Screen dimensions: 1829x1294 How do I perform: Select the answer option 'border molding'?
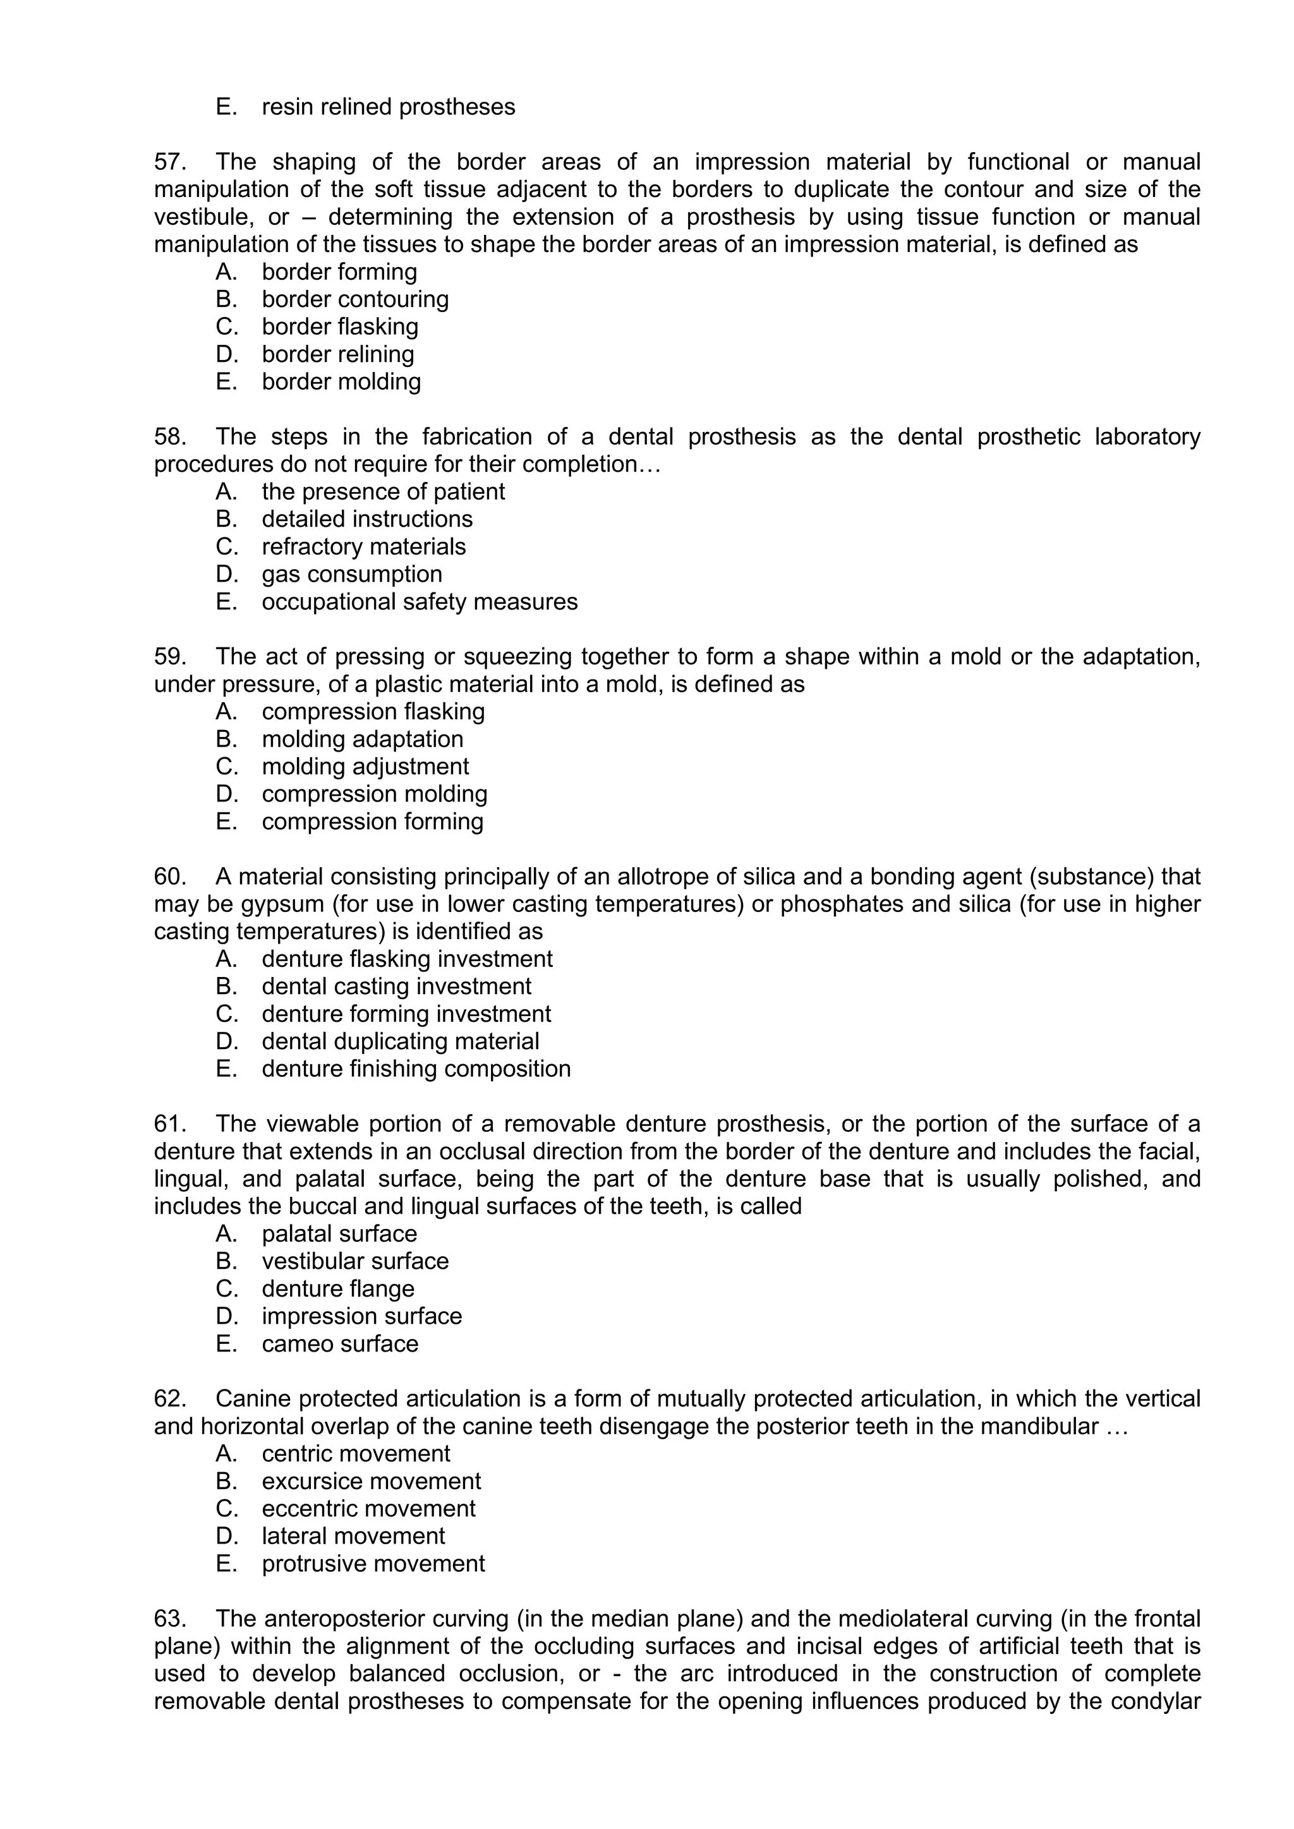pyautogui.click(x=341, y=381)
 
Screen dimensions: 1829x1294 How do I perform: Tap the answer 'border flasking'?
pyautogui.click(x=339, y=327)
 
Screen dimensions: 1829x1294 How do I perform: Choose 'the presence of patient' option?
pyautogui.click(x=384, y=491)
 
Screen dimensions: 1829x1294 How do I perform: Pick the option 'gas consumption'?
pyautogui.click(x=351, y=574)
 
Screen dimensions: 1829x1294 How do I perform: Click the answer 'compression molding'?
pyautogui.click(x=375, y=795)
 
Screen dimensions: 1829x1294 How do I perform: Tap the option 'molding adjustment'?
pyautogui.click(x=365, y=766)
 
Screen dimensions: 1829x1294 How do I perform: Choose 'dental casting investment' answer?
pyautogui.click(x=396, y=986)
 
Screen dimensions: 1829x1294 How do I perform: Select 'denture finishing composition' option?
pyautogui.click(x=416, y=1069)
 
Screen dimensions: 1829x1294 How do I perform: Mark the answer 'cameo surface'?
pyautogui.click(x=339, y=1344)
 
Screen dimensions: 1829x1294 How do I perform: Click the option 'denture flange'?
pyautogui.click(x=338, y=1289)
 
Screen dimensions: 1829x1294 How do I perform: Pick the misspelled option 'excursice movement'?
pyautogui.click(x=372, y=1481)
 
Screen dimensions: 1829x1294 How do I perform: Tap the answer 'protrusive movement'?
pyautogui.click(x=373, y=1564)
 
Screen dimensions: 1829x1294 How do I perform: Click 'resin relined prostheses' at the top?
pyautogui.click(x=388, y=107)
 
